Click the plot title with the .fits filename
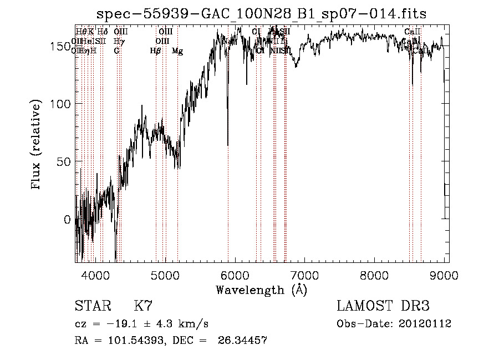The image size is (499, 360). pos(261,14)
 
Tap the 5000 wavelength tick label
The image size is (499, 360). pos(165,275)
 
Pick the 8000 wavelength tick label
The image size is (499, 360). pos(375,275)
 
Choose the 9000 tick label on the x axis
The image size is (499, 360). pos(444,275)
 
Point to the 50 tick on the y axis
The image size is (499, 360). pos(63,162)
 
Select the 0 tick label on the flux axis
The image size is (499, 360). pos(67,220)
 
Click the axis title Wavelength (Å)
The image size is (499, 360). pos(261,290)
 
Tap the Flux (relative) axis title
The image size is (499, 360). pos(37,145)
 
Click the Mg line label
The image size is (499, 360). pos(177,51)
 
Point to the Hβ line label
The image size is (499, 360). pos(155,51)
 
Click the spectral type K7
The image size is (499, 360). pos(143,306)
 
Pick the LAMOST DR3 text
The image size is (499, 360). pos(383,306)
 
